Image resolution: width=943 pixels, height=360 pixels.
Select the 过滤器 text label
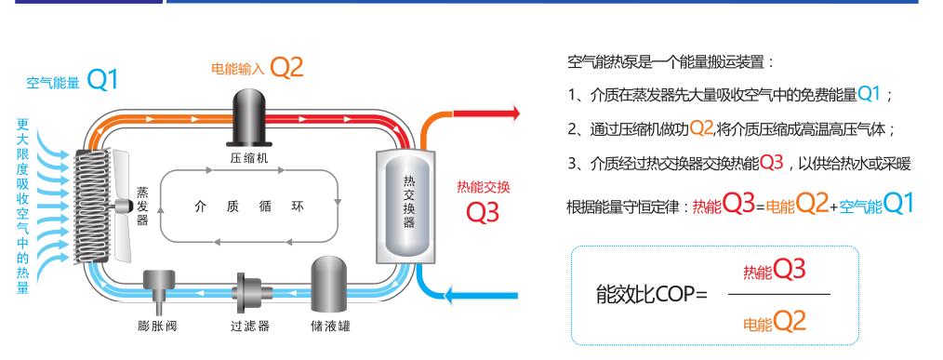(248, 326)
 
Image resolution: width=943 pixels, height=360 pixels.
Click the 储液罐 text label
(330, 326)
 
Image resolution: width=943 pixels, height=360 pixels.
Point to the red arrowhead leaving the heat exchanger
(510, 113)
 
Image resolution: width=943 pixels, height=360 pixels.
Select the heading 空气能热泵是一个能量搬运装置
(671, 63)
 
